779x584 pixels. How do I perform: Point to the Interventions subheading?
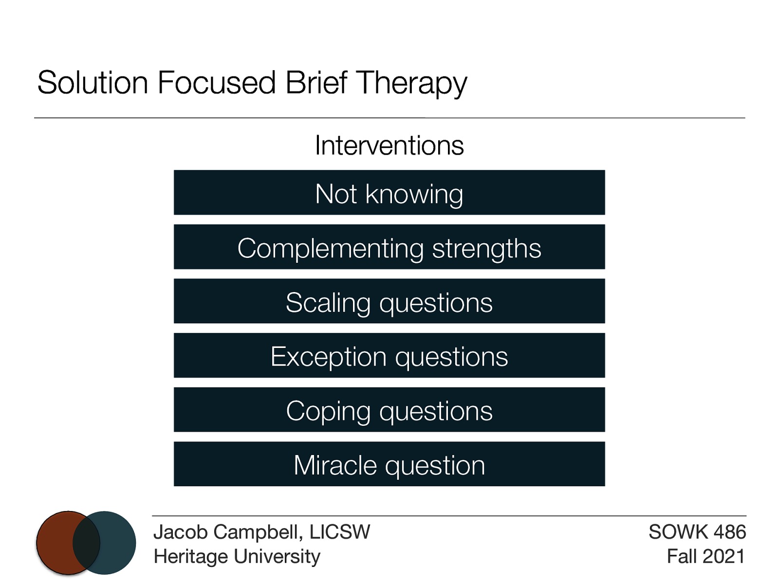click(389, 145)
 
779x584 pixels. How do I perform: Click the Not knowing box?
click(389, 193)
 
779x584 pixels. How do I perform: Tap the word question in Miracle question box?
click(435, 466)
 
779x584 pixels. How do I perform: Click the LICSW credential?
click(340, 532)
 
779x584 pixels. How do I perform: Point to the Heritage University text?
click(237, 556)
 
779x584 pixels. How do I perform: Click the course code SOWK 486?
click(697, 532)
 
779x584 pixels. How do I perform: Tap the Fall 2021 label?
click(705, 556)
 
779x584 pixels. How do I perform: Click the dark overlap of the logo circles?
click(86, 543)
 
